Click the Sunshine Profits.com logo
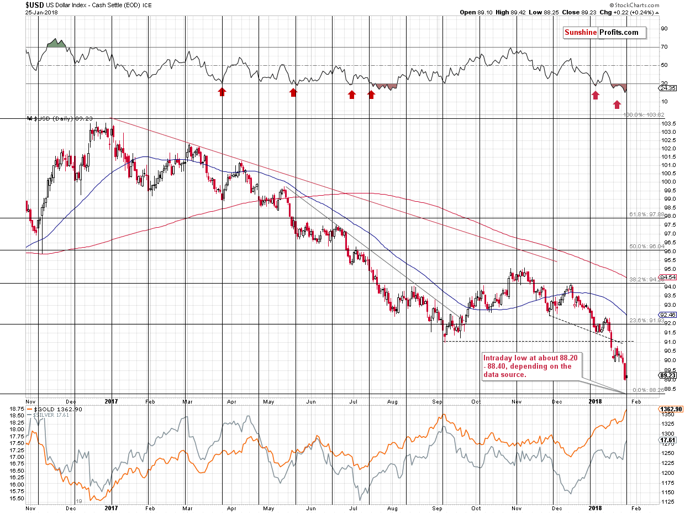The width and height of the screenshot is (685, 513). pyautogui.click(x=604, y=33)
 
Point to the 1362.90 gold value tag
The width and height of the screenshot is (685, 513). pyautogui.click(x=670, y=409)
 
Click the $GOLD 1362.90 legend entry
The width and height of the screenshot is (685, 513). pyautogui.click(x=52, y=409)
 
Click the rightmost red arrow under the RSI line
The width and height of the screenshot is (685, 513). pyautogui.click(x=616, y=104)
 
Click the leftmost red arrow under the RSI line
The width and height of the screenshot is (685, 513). pyautogui.click(x=222, y=92)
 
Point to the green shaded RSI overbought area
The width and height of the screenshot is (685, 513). pyautogui.click(x=55, y=43)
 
